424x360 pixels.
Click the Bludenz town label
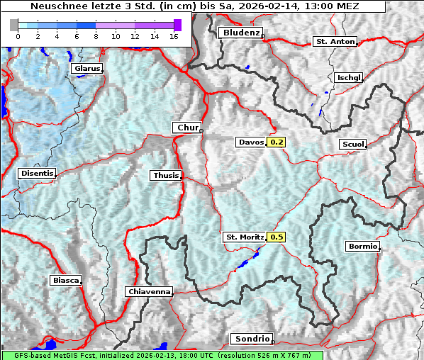[240, 33]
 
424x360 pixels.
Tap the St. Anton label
[334, 42]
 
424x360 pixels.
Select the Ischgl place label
[349, 77]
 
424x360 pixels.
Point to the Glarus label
[87, 69]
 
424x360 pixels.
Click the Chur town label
[187, 128]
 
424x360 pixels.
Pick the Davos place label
[251, 142]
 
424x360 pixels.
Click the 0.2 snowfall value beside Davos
[276, 142]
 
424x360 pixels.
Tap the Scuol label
[352, 144]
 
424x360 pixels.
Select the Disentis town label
[37, 173]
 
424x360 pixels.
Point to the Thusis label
[166, 175]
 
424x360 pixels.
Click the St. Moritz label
[244, 237]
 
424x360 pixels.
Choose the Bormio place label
[363, 247]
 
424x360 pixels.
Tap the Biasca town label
[65, 280]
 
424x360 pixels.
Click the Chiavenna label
[149, 291]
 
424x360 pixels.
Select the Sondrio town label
[252, 339]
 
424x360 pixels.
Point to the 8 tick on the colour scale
[96, 35]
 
